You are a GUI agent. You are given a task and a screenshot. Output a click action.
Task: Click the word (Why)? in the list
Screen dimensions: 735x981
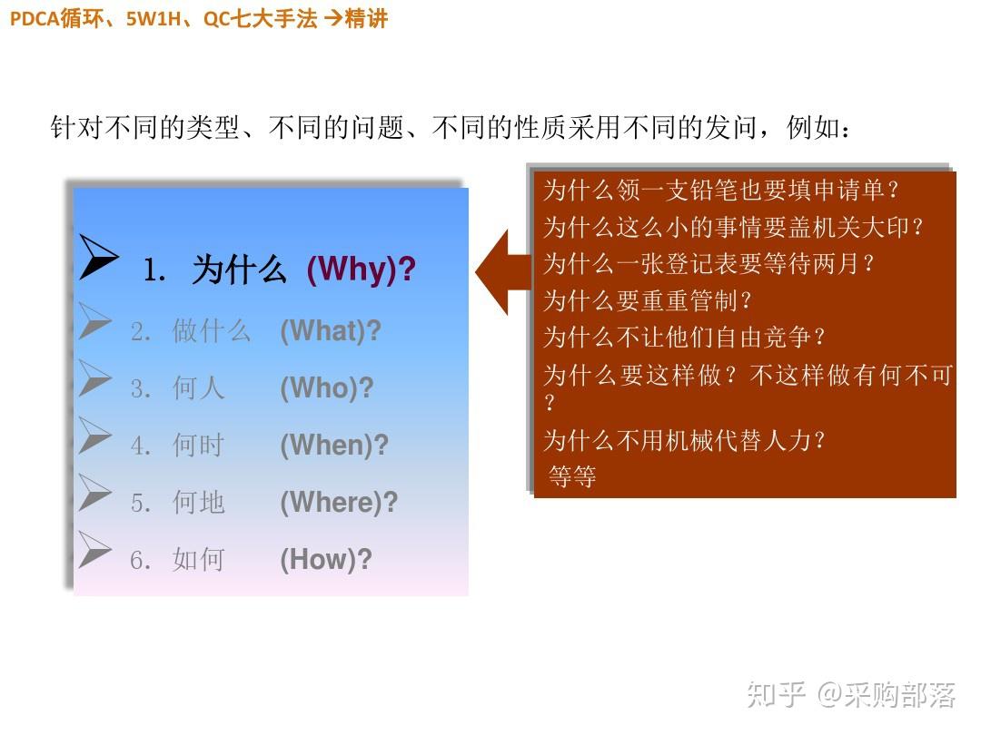point(361,269)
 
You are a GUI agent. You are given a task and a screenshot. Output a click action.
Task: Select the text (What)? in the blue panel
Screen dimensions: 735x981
point(330,331)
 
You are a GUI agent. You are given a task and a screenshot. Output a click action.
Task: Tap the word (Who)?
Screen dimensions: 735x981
point(326,388)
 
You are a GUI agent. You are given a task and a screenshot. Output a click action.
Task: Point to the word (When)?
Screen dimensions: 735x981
point(333,446)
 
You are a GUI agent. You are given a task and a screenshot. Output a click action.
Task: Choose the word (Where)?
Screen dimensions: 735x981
point(339,503)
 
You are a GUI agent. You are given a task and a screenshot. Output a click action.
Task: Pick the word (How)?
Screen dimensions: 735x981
point(325,560)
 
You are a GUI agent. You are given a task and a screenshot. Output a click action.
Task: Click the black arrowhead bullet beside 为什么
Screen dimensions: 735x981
point(97,258)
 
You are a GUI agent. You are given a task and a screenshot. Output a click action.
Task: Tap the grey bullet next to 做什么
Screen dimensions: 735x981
point(94,320)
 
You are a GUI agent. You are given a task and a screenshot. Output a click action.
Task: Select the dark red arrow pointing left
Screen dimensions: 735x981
point(503,271)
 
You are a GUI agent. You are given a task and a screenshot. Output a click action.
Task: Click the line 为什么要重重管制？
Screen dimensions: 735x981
point(649,300)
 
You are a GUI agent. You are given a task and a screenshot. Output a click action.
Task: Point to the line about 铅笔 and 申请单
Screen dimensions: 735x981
point(721,191)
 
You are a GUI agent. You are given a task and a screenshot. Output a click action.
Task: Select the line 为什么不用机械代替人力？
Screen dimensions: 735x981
point(685,441)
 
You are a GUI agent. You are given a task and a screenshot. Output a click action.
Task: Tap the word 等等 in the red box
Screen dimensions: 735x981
point(572,476)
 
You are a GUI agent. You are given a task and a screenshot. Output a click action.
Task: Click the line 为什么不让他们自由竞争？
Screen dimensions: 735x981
point(685,338)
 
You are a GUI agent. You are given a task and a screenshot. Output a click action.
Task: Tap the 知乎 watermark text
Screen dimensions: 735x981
point(776,695)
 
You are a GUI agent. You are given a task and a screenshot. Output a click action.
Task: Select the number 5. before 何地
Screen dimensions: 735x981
point(140,504)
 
